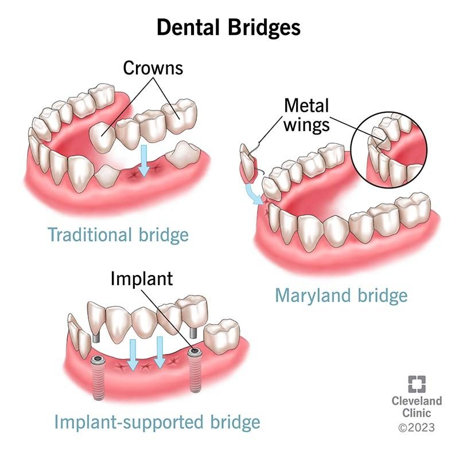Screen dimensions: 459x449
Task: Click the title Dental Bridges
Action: tap(228, 27)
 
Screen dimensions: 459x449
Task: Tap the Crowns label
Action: tap(153, 68)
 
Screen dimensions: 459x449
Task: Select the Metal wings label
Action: tap(306, 115)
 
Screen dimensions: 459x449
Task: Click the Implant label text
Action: tap(142, 278)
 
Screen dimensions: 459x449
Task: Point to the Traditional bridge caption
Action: tap(118, 235)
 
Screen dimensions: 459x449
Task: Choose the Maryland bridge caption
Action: tap(341, 295)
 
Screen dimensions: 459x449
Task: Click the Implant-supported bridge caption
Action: tap(157, 423)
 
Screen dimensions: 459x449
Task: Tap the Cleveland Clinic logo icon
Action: tap(417, 384)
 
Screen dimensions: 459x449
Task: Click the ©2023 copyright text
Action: tap(417, 427)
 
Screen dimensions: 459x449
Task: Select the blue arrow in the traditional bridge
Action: tap(144, 160)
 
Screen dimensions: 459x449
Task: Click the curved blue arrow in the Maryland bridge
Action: tap(254, 194)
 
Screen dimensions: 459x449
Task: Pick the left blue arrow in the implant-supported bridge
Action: tap(133, 355)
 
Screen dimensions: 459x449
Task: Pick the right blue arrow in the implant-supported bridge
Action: tap(160, 353)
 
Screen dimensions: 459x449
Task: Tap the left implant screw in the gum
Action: tap(97, 377)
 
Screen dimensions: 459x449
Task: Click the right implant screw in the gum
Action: tap(194, 370)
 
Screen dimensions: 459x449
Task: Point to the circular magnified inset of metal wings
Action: tap(389, 149)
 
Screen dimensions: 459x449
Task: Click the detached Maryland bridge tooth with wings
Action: tap(249, 164)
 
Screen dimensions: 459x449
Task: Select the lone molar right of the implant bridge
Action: tap(221, 336)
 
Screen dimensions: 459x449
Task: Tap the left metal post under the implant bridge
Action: tap(96, 337)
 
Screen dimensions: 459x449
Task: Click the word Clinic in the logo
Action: tap(417, 413)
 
